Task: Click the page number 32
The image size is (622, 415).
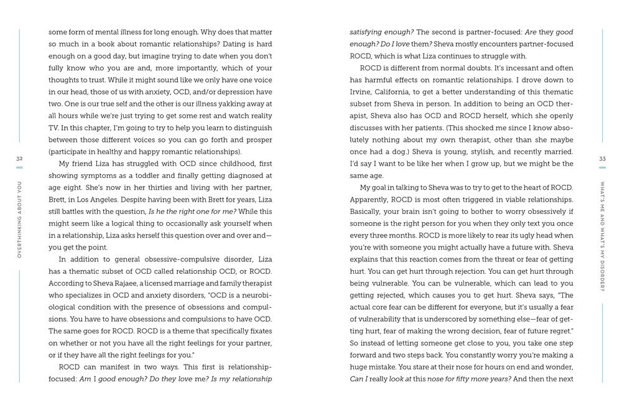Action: [x=19, y=159]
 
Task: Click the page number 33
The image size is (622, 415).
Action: [x=601, y=159]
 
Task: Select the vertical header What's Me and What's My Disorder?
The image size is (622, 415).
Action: [x=601, y=237]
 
